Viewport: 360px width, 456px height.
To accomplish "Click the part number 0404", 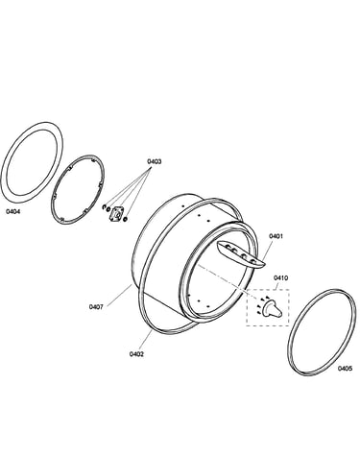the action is point(13,211).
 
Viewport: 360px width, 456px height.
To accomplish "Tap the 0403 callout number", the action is point(154,161).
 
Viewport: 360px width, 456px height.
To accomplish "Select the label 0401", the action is point(276,236).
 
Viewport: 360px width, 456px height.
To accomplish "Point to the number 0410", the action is point(280,277).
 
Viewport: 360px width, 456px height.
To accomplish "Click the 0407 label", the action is point(96,307).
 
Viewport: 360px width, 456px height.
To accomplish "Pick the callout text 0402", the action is point(136,354).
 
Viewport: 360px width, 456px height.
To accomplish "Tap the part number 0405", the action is point(345,369).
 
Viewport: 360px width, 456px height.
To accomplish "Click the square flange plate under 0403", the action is point(116,213).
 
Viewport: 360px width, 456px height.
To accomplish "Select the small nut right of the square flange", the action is point(125,219).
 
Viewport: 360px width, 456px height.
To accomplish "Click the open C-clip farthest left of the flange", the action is point(104,206).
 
